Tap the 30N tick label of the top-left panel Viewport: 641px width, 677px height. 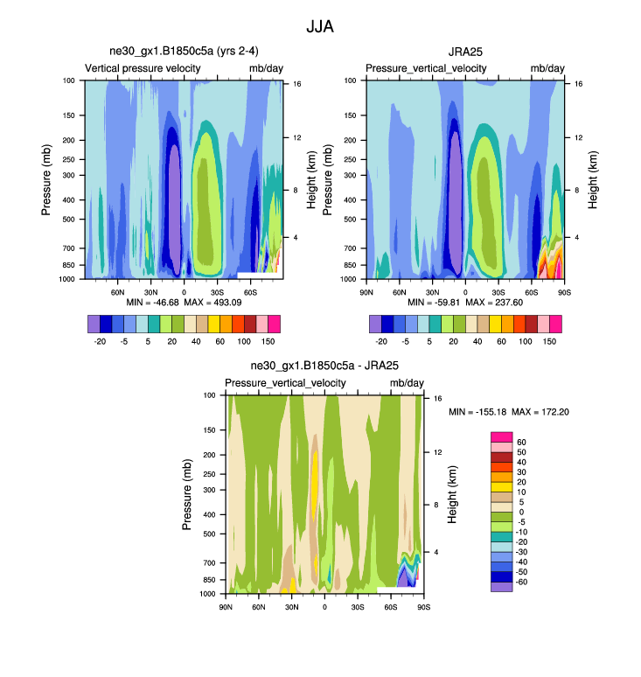(150, 291)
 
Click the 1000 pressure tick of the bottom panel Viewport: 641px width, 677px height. (209, 594)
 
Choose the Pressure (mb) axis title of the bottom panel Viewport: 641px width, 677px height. (187, 494)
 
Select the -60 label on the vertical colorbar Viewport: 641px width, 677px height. (521, 582)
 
